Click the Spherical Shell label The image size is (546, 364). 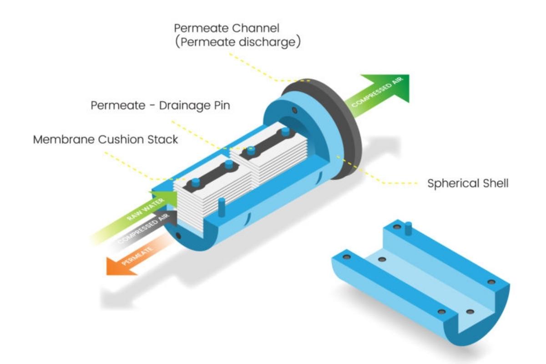click(468, 184)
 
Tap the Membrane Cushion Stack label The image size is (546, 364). click(105, 139)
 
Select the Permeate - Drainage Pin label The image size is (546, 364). click(160, 106)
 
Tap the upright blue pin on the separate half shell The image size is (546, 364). click(408, 227)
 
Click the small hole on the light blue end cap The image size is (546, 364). click(295, 111)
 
